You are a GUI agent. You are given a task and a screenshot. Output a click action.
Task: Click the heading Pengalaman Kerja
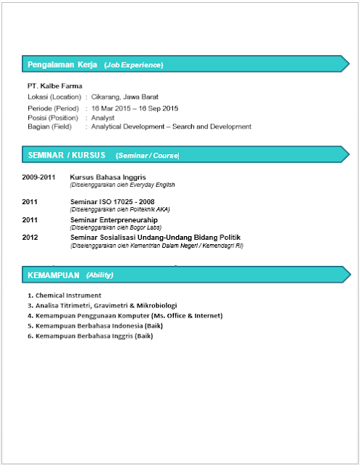(63, 65)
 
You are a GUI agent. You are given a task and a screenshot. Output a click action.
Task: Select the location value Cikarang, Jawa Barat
(124, 97)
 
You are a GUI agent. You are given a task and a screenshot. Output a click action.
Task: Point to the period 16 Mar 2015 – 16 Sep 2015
(135, 108)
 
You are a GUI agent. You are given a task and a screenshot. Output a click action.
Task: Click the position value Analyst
(103, 117)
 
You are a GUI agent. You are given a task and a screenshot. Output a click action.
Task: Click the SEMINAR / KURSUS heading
(67, 155)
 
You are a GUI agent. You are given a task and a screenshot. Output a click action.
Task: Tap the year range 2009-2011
(39, 177)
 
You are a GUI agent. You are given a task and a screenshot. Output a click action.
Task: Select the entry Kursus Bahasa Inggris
(108, 177)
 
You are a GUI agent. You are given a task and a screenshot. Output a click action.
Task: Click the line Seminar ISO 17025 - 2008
(112, 201)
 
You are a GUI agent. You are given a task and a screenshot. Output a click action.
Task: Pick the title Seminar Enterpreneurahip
(113, 219)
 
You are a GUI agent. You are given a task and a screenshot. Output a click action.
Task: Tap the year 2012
(30, 238)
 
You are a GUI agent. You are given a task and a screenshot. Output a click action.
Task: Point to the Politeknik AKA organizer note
(113, 209)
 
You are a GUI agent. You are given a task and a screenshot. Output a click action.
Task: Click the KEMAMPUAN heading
(53, 275)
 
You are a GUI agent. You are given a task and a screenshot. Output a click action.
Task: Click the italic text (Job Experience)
(134, 65)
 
